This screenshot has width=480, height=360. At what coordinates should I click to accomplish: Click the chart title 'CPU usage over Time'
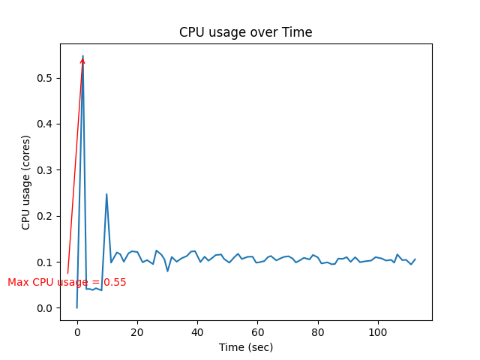245,33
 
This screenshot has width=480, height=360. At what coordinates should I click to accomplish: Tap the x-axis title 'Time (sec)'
245,347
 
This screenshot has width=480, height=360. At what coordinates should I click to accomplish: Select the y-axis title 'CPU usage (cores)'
26,182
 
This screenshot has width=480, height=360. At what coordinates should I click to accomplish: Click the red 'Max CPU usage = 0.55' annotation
67,283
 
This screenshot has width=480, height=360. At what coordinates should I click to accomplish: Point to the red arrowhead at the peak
82,60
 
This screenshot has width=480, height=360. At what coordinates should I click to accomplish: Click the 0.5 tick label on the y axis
46,78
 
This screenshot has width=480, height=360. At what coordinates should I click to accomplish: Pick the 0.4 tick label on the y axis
46,124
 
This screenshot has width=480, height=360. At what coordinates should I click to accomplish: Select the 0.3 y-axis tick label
46,170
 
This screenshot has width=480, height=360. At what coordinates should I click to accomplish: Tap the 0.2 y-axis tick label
46,216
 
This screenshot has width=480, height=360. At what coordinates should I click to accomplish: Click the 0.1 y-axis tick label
46,262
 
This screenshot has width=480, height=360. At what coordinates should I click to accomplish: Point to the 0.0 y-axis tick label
46,308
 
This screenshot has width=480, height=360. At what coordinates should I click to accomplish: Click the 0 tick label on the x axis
76,332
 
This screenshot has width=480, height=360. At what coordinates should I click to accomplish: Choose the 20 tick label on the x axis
137,332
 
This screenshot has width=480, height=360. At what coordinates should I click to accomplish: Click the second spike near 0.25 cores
106,194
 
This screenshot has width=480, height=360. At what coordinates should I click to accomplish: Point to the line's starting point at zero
76,307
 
